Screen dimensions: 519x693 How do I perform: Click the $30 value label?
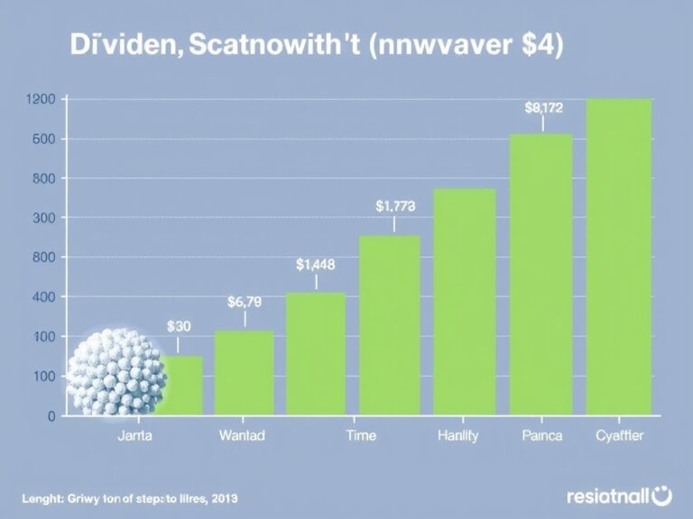click(180, 327)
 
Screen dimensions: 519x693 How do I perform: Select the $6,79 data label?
click(245, 303)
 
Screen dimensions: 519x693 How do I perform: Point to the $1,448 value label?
click(316, 265)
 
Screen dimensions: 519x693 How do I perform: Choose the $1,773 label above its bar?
click(395, 205)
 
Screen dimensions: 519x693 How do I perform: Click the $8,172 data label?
click(543, 108)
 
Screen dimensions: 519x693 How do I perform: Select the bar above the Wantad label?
click(244, 372)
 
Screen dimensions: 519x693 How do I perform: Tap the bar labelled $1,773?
click(390, 324)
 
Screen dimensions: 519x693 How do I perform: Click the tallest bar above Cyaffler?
click(619, 257)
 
